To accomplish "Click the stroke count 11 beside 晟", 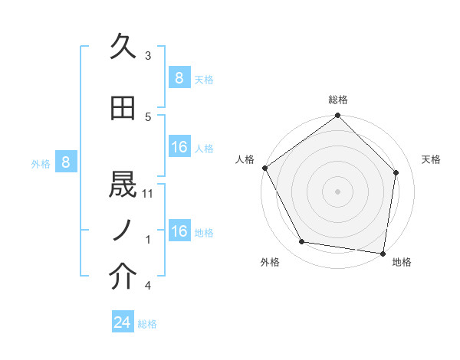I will pos(149,194).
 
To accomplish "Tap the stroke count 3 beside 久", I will pos(148,56).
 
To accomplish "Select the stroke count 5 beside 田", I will pos(148,116).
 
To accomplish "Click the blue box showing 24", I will pos(123,322).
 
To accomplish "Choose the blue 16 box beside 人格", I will pos(179,147).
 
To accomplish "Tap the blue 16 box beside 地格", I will pos(179,231).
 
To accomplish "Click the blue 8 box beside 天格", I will pos(179,78).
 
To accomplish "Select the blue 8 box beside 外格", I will pos(66,162).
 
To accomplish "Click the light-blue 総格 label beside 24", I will pos(147,324).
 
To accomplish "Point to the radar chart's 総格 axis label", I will pos(338,100).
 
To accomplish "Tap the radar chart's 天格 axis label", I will pos(431,159).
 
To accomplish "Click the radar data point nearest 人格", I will pos(265,168).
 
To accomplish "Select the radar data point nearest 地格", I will pos(383,252).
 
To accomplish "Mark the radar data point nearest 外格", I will pos(302,242).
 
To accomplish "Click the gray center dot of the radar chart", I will pos(337,191).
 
